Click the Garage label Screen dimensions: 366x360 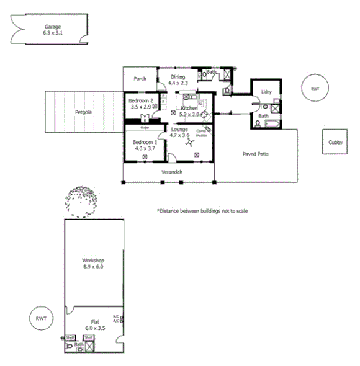(52, 27)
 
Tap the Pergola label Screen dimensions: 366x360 (84, 112)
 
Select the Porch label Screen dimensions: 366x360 (140, 79)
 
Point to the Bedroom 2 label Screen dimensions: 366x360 (141, 100)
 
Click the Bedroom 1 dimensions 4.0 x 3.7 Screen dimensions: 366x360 (143, 148)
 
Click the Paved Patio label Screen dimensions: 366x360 (255, 154)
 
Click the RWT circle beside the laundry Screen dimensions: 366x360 (314, 89)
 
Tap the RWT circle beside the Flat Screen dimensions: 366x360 (42, 319)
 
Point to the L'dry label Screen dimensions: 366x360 (267, 92)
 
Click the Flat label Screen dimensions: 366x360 (95, 321)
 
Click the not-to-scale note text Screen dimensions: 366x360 (202, 211)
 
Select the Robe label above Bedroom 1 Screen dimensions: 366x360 (144, 127)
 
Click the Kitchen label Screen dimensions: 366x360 (189, 108)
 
